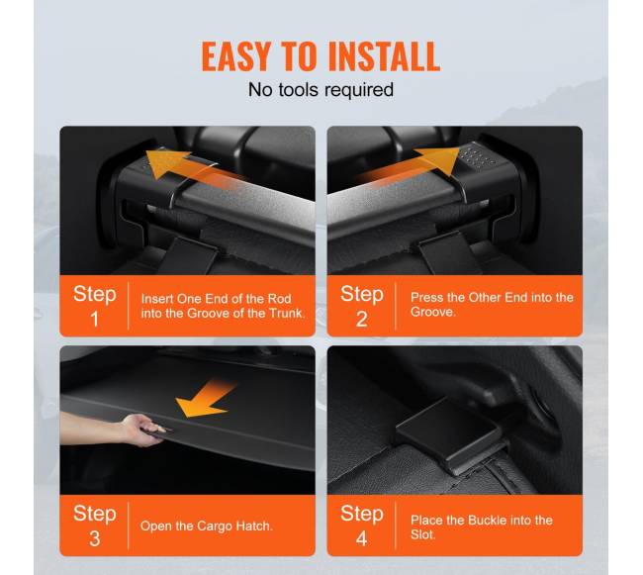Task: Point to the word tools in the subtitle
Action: pos(299,89)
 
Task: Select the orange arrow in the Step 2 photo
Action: pos(411,166)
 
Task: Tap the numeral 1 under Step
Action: pos(95,319)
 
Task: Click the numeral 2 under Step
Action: pos(361,319)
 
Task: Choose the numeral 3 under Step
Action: pos(95,538)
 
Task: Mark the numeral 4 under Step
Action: pos(361,538)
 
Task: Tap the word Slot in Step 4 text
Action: pos(422,534)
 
